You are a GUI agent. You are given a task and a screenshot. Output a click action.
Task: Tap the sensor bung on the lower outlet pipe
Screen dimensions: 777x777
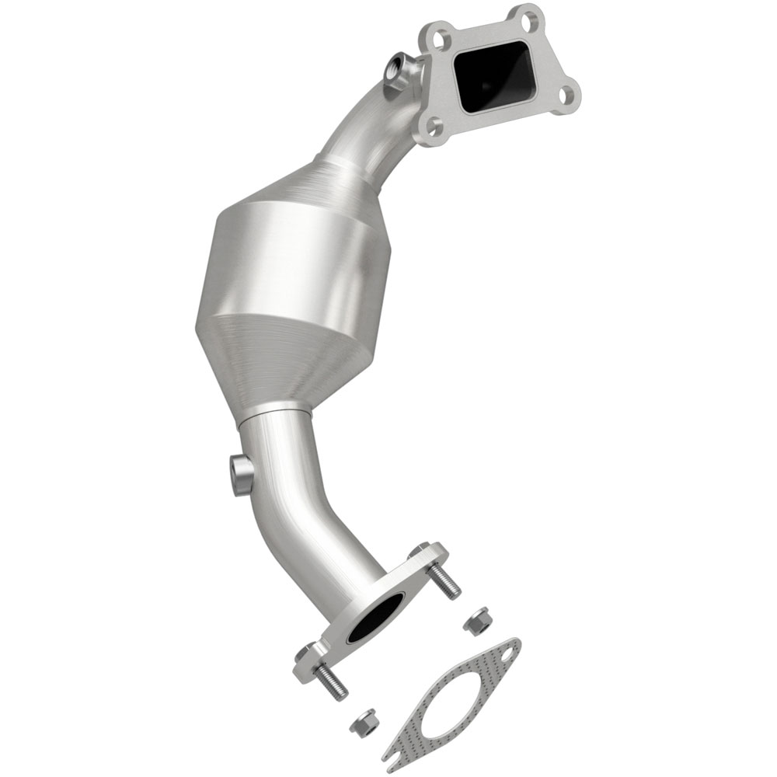[x=241, y=473]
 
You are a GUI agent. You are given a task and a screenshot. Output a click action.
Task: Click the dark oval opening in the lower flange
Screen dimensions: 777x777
[x=375, y=618]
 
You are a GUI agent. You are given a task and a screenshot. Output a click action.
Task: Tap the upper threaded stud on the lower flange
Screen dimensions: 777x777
[x=444, y=578]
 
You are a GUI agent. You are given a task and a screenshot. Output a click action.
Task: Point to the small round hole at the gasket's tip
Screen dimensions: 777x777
[x=506, y=650]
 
